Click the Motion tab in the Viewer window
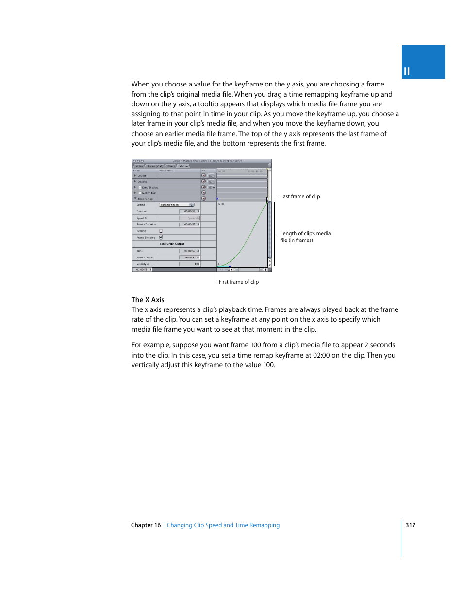click(183, 166)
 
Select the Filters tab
click(171, 166)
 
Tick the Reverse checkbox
click(161, 231)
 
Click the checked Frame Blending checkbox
click(161, 237)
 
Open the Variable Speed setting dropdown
click(177, 205)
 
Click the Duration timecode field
click(190, 211)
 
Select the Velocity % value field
click(190, 264)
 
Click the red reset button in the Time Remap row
click(204, 199)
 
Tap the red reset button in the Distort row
click(204, 176)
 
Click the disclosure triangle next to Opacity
click(135, 181)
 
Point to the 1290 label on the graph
click(221, 204)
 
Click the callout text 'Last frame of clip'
click(300, 197)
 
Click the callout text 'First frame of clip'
click(239, 282)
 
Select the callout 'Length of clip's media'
click(305, 234)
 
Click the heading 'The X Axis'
click(148, 300)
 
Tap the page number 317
click(411, 525)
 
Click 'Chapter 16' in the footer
click(146, 525)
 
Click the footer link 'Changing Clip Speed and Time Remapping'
click(223, 525)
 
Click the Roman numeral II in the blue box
click(407, 71)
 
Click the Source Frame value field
click(190, 257)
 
